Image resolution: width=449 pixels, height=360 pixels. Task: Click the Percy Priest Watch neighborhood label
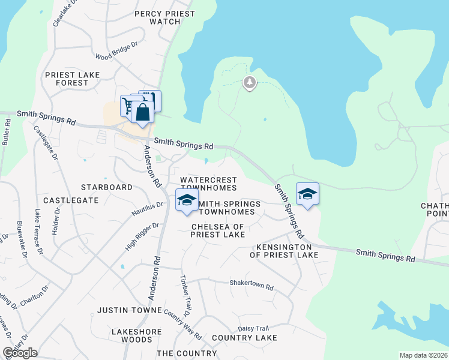165,17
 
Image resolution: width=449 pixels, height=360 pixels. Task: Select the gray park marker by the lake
250,83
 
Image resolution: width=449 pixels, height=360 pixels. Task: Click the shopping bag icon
143,112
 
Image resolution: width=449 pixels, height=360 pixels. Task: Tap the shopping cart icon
128,106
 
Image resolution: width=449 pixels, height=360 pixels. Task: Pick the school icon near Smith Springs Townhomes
187,200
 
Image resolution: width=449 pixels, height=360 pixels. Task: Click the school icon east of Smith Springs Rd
307,194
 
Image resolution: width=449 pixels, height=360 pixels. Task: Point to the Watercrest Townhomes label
208,184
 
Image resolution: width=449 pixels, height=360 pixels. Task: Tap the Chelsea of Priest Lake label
218,230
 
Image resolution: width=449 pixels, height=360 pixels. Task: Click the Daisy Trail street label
254,328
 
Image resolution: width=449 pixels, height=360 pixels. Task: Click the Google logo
20,353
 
